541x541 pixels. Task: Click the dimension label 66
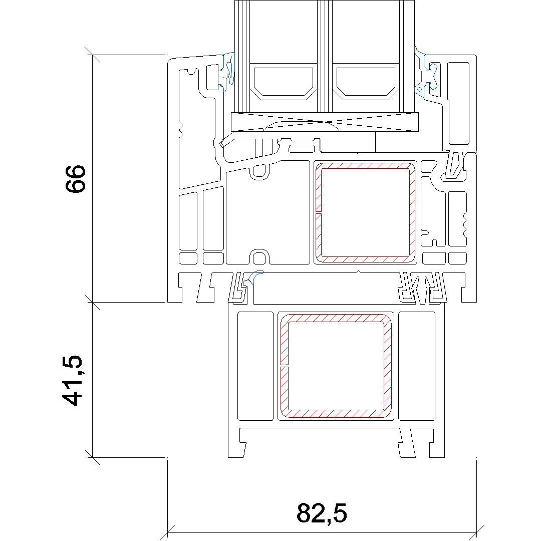[x=75, y=179]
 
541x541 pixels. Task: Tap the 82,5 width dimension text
[x=322, y=513]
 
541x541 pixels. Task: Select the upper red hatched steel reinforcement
[x=365, y=212]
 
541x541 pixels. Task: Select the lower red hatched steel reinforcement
[x=336, y=366]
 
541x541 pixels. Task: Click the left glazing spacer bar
[x=283, y=82]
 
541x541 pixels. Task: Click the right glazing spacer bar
[x=366, y=82]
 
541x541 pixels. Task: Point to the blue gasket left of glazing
[x=227, y=72]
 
